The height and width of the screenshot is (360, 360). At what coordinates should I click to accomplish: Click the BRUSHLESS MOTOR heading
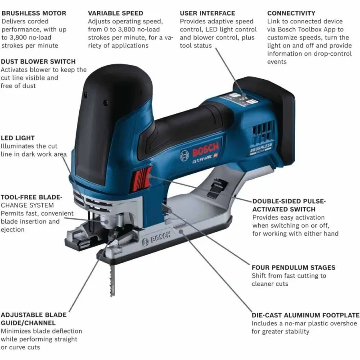click(34, 13)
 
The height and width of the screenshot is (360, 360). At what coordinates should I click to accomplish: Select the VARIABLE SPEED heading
click(116, 13)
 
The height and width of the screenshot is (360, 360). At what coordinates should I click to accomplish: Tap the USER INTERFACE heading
click(207, 13)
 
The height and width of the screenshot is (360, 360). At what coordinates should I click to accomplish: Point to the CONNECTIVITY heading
click(291, 13)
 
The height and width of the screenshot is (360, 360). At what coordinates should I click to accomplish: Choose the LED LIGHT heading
click(18, 138)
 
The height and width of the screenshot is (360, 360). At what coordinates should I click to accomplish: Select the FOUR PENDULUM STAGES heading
click(293, 267)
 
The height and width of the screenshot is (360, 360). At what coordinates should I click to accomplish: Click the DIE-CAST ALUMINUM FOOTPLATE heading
click(306, 315)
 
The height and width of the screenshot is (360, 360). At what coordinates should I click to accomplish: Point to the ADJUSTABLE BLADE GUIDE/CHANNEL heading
click(33, 319)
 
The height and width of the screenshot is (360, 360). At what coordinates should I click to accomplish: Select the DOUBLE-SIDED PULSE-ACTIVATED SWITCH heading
click(289, 205)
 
